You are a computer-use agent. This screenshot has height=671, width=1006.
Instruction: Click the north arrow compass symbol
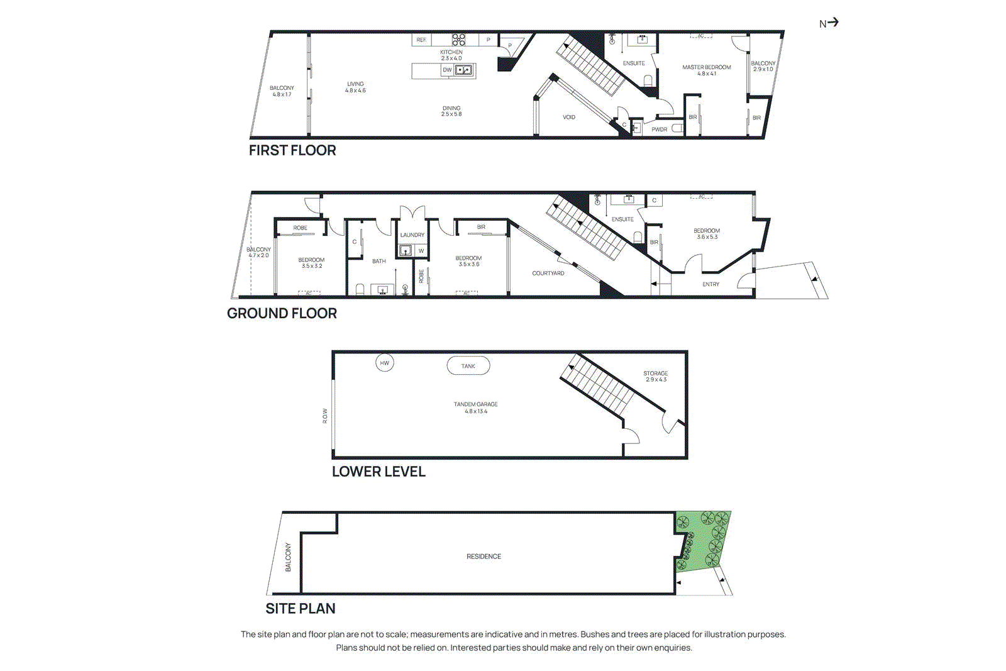tap(829, 23)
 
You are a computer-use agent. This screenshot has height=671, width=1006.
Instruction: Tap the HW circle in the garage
tap(385, 363)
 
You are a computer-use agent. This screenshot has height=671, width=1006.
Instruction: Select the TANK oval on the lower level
tap(468, 366)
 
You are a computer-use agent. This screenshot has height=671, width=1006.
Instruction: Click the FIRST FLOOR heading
tap(292, 150)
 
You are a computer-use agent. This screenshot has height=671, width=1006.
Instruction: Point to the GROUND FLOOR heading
tap(282, 313)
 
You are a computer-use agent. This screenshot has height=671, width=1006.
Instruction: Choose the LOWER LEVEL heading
tap(379, 472)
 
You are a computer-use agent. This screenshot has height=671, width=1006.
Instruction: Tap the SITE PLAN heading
tap(301, 608)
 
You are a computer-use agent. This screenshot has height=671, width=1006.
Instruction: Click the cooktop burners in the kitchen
tap(458, 40)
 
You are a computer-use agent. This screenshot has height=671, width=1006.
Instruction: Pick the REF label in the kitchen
tap(421, 40)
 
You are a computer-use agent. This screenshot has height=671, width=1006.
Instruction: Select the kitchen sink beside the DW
tap(463, 70)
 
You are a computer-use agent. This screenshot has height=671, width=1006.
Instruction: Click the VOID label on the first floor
tap(569, 117)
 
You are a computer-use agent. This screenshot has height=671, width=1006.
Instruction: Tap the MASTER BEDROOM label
tap(707, 67)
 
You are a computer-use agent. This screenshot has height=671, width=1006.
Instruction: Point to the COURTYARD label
tap(548, 273)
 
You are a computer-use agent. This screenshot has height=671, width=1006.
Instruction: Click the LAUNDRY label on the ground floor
tap(412, 235)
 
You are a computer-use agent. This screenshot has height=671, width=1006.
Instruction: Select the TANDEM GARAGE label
tap(476, 404)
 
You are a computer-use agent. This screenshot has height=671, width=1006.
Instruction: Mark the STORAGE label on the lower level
tap(656, 374)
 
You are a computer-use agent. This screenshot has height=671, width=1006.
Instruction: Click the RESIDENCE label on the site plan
tap(484, 557)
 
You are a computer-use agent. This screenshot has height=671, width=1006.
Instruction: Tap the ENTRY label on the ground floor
tap(711, 284)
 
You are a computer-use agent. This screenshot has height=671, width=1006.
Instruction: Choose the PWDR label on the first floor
tap(660, 130)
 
